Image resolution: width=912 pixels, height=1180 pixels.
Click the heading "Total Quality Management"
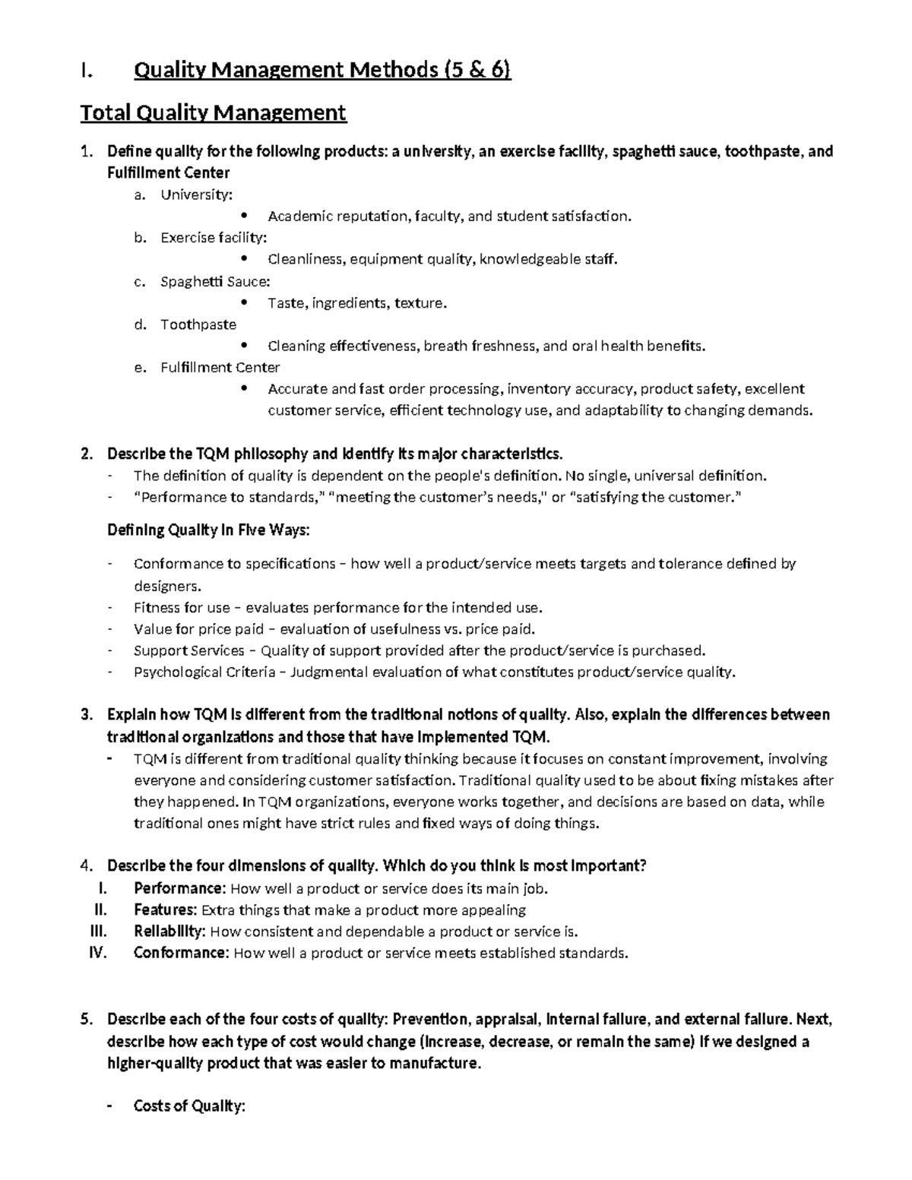coord(214,113)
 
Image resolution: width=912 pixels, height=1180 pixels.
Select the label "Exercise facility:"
coord(214,238)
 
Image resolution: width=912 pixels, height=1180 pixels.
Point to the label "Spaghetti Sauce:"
coord(215,281)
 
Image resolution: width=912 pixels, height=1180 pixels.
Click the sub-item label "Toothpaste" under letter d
coord(198,324)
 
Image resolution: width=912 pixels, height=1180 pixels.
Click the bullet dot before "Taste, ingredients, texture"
coord(243,302)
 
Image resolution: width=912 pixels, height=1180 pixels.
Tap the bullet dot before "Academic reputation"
coord(243,216)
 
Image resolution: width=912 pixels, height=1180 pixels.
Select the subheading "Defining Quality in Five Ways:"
coord(209,530)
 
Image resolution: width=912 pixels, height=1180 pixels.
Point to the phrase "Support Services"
coord(189,650)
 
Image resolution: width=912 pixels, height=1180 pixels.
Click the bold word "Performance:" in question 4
coord(179,888)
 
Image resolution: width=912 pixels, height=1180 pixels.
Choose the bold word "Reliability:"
coord(169,932)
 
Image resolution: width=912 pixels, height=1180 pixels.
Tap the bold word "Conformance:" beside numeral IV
coord(181,953)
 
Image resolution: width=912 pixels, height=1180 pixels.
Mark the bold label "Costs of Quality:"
coord(189,1106)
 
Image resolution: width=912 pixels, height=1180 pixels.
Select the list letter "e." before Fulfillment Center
coord(138,368)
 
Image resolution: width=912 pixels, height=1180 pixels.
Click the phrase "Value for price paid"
coord(198,628)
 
